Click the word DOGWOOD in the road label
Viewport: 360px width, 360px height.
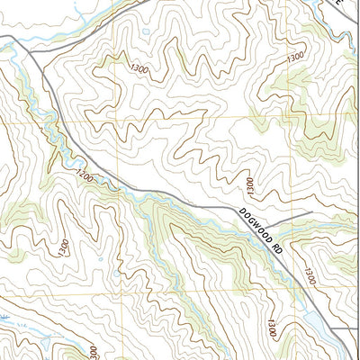[255, 227]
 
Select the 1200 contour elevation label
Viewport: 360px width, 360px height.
[85, 174]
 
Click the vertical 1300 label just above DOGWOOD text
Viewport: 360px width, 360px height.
[251, 186]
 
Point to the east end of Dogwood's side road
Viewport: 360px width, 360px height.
[310, 213]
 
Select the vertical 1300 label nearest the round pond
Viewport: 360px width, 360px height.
[251, 186]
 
